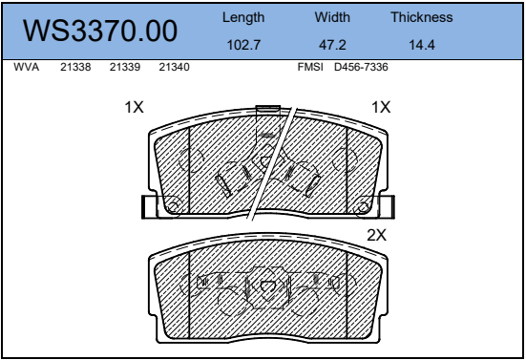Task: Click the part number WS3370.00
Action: coord(100,31)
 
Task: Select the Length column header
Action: coord(243,18)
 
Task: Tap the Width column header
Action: coord(332,17)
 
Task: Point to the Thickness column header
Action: coord(422,17)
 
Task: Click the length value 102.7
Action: coord(243,45)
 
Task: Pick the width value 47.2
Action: coord(332,45)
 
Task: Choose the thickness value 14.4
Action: coord(422,45)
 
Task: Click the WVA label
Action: coord(26,67)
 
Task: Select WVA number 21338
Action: coord(75,67)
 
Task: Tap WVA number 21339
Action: coord(125,67)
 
